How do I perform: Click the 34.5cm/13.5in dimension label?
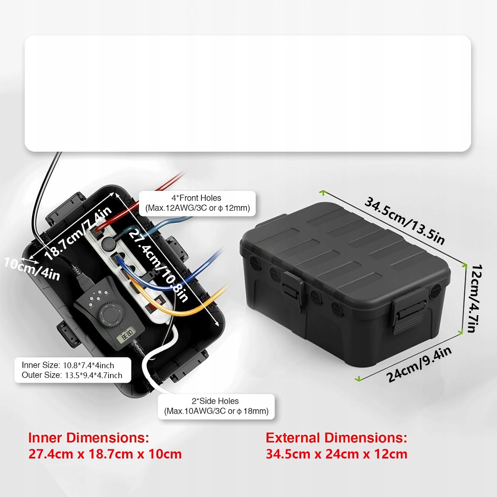point(405,221)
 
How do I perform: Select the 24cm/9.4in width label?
point(419,364)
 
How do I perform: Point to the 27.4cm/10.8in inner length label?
point(159,265)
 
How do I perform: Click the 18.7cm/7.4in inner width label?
point(78,234)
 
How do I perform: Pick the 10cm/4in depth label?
point(32,268)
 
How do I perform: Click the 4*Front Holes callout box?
point(197,203)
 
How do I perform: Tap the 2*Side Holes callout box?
point(216,406)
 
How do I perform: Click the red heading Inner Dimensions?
point(89,438)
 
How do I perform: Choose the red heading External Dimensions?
point(336,438)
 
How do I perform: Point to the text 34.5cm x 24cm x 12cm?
point(336,454)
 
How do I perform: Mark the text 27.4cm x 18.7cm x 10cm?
point(105,454)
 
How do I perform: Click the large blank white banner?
point(248,93)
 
